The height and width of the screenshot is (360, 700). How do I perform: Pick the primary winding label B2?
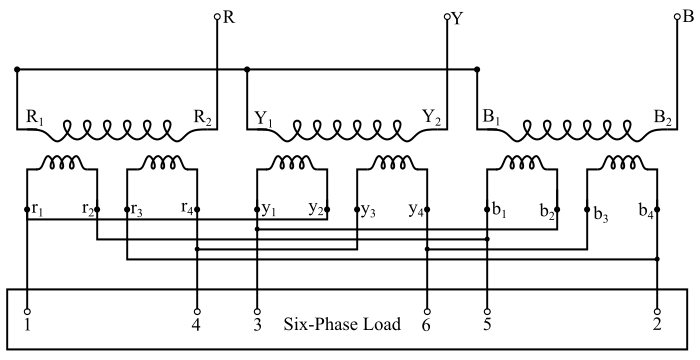click(662, 119)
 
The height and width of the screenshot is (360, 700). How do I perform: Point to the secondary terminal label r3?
click(140, 210)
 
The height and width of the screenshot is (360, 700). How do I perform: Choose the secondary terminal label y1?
click(268, 210)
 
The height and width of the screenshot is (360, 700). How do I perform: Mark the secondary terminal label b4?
click(645, 210)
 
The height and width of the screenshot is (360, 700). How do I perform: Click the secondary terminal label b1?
click(498, 210)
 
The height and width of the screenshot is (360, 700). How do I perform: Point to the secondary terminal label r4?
click(185, 210)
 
